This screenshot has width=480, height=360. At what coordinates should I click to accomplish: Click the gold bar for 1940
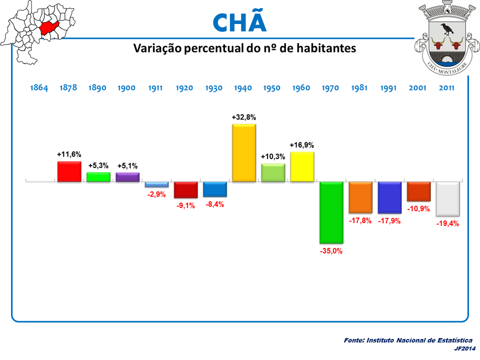tap(244, 152)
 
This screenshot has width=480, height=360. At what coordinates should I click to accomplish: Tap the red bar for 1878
tap(69, 171)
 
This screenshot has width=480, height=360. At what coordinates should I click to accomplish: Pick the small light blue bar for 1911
tap(156, 184)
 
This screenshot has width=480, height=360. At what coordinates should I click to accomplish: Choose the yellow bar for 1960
tap(302, 166)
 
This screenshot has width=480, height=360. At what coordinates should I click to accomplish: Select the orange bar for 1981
tap(360, 197)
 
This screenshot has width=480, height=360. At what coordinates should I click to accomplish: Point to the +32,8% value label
tap(244, 117)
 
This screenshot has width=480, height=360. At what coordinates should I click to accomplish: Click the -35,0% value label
tap(331, 251)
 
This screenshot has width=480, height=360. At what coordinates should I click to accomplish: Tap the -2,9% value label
tap(156, 194)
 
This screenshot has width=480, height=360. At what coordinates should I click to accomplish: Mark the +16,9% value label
tap(302, 145)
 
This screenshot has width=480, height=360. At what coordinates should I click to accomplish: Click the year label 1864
tap(39, 88)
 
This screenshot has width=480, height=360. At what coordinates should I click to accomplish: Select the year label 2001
tap(417, 88)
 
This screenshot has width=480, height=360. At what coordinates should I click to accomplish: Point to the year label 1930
tap(214, 88)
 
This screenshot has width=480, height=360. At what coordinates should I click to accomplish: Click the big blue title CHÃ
tap(239, 22)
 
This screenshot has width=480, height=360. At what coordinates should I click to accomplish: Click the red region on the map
tap(49, 27)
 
